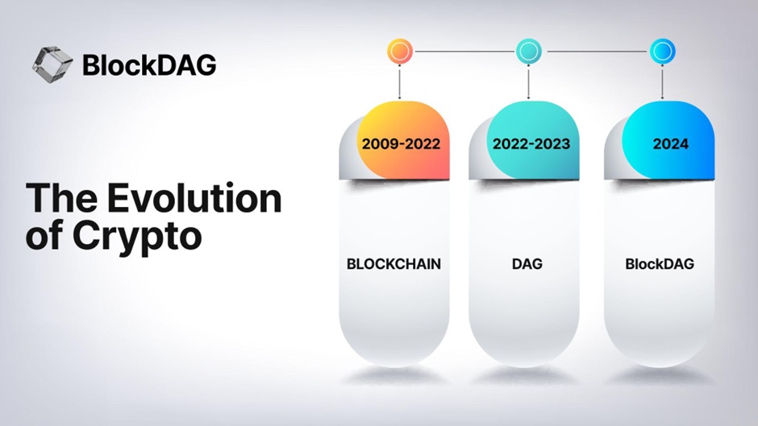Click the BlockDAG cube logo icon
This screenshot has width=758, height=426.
coord(52,64)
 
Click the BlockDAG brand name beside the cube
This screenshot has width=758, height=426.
coord(149,65)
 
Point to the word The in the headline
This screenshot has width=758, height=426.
coord(61,198)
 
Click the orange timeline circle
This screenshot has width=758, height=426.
coord(400,52)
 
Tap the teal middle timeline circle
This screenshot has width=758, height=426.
coord(528,52)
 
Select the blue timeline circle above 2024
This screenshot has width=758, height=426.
coord(662,52)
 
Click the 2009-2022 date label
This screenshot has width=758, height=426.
coord(402,144)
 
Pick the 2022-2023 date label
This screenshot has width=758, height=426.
coord(531,144)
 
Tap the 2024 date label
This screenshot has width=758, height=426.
coord(670,144)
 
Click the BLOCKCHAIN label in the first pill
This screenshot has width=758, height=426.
coord(394,264)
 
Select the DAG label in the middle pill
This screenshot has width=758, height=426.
coord(527,264)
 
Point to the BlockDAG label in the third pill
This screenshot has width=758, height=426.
coord(660,264)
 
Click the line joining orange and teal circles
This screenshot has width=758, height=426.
coord(464,52)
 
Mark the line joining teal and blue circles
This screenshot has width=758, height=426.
coord(596,52)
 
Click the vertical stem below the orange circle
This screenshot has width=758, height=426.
coord(400,81)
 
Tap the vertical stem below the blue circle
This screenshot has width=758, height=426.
coord(662,81)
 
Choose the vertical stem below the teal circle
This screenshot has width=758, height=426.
coord(528,81)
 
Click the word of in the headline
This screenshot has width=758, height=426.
coord(44,236)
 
